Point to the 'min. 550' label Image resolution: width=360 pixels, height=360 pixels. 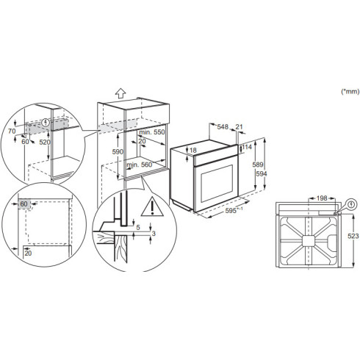point(149,132)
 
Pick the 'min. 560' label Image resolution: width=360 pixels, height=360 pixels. point(138,165)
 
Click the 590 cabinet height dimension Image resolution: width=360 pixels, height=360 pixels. point(115,151)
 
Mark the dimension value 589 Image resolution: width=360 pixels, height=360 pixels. point(256,167)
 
